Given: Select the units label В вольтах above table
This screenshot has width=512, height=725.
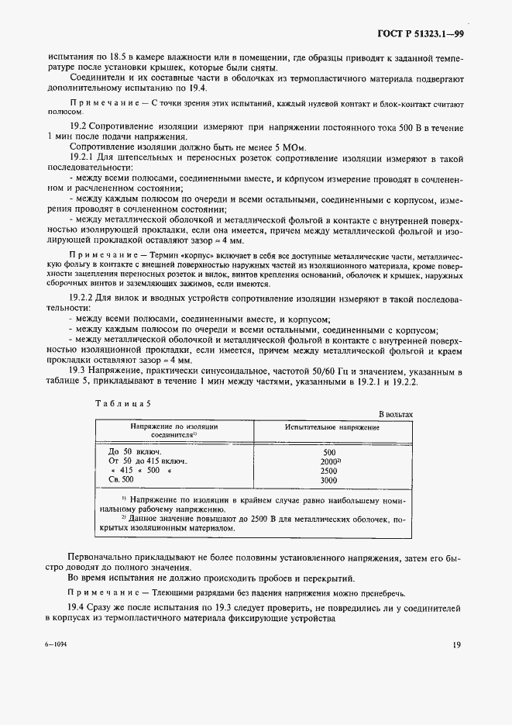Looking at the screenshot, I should (396, 415).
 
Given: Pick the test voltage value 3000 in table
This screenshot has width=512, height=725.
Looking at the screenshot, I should (328, 481).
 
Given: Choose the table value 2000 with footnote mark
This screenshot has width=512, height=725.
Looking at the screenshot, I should (329, 461).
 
